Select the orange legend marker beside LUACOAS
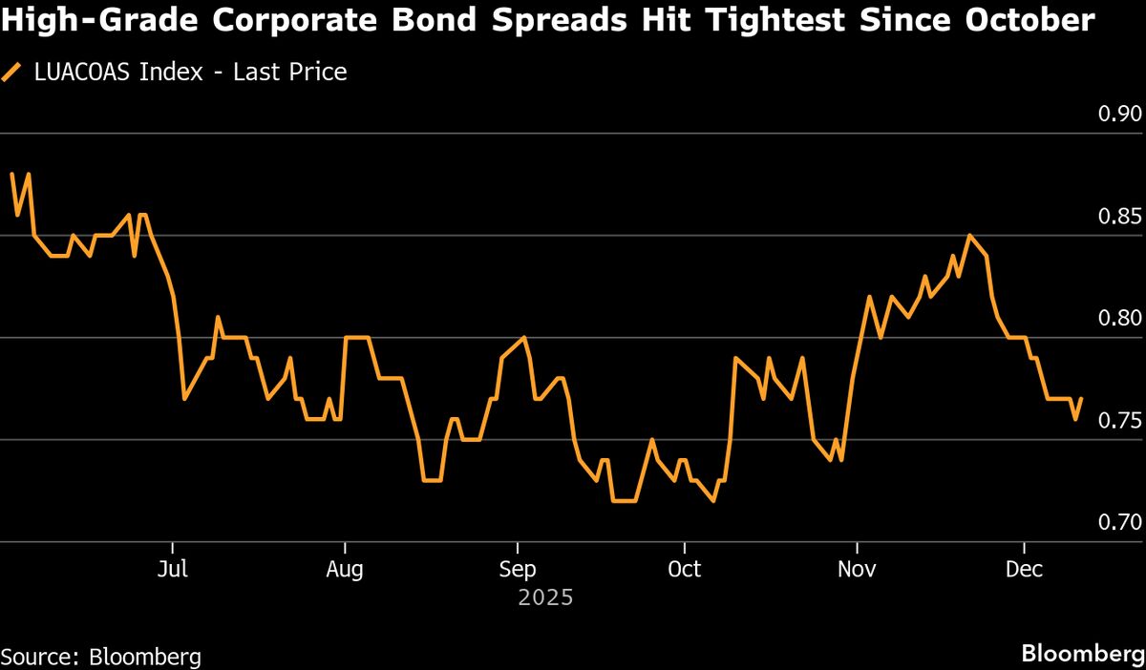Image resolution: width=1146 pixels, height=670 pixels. click(11, 72)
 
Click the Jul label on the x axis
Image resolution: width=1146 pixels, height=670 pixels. click(173, 570)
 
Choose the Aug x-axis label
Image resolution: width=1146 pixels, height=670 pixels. click(344, 570)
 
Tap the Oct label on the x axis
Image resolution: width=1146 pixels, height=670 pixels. click(684, 570)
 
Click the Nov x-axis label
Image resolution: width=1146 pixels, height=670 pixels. click(858, 570)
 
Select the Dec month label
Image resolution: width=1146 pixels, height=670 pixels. click(1025, 570)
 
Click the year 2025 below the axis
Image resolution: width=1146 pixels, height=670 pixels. click(545, 598)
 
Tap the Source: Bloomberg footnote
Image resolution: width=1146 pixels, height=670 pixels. click(101, 657)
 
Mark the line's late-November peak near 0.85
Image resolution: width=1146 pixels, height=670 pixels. click(969, 235)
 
